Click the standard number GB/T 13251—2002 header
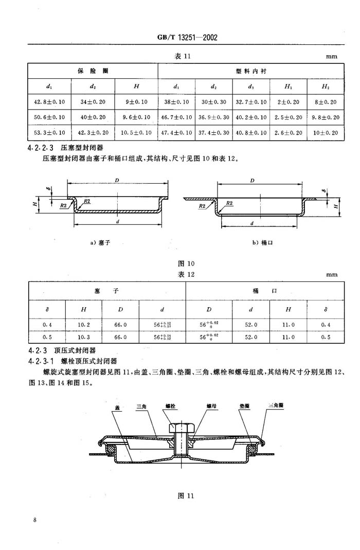[x=187, y=38]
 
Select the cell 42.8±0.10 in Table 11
[x=49, y=102]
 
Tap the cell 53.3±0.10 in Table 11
[x=49, y=133]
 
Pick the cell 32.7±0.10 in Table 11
[x=251, y=102]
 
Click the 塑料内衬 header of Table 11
[x=251, y=71]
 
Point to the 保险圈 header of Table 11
[x=93, y=71]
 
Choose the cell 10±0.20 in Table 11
[x=326, y=133]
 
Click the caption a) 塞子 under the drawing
[x=100, y=242]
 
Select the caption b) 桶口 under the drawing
[x=263, y=242]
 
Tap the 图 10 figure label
[x=186, y=263]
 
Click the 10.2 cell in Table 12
[x=84, y=325]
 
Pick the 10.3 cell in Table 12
[x=84, y=337]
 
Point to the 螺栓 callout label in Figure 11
[x=170, y=406]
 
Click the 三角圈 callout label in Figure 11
[x=276, y=405]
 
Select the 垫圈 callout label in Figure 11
[x=244, y=406]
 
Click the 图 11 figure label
[x=186, y=495]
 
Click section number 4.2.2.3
[x=41, y=148]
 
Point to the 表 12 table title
[x=186, y=274]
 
